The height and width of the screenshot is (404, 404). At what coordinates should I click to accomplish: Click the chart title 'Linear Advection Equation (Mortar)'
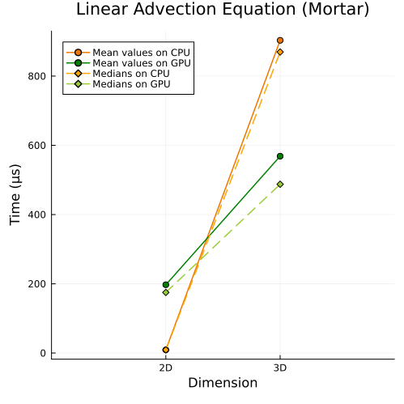coord(223,9)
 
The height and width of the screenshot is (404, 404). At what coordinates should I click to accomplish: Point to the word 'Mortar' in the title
coord(335,9)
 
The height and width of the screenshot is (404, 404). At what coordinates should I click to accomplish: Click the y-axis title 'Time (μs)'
coord(15,194)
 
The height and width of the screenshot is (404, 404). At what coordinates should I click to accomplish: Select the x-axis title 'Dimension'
coord(223,383)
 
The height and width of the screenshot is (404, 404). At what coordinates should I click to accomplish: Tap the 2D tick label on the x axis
coord(166,368)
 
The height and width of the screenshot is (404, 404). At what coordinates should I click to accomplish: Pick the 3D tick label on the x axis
coord(280,368)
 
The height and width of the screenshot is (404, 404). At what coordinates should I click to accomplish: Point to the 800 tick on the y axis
coord(37,76)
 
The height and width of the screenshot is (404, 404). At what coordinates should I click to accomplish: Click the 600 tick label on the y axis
coord(37,146)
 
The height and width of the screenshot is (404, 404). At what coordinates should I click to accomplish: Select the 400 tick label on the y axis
coord(37,215)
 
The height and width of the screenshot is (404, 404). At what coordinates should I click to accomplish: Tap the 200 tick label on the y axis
coord(37,284)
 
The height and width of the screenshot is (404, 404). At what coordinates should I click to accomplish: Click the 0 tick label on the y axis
coord(43,353)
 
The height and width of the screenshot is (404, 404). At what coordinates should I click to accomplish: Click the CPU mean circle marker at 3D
coord(280,40)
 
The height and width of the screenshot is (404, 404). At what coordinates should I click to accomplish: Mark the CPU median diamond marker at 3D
coord(280,52)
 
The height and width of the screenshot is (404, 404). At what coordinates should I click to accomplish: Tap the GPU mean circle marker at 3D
coord(280,156)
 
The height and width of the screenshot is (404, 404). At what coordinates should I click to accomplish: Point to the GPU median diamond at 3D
coord(280,185)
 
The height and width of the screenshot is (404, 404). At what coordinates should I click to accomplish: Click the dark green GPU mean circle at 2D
coord(166,285)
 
